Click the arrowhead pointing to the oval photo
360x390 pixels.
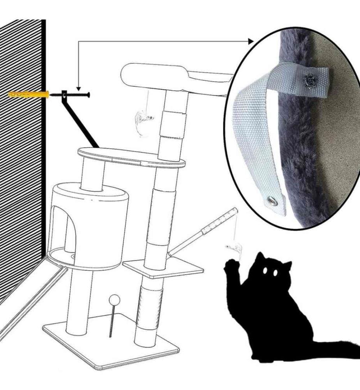pyautogui.click(x=249, y=41)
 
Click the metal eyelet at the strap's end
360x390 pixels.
pyautogui.click(x=270, y=201)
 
